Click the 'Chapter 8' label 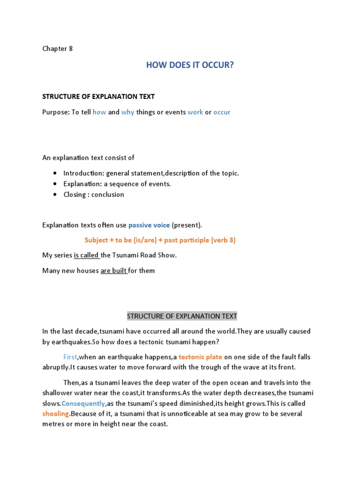(58, 49)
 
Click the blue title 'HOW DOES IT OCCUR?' (189, 65)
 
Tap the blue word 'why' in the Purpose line (127, 112)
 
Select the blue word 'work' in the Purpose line (195, 112)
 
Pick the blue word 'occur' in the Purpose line (222, 112)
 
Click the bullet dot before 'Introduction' (55, 173)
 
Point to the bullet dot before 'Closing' (55, 195)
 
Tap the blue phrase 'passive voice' (149, 225)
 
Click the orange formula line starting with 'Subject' (160, 240)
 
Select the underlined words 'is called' (86, 255)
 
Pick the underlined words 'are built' (113, 270)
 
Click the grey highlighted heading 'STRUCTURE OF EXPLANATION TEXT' (182, 316)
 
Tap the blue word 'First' (70, 357)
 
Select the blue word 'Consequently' (83, 404)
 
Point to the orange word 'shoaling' (56, 414)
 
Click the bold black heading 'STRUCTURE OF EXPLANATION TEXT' (98, 97)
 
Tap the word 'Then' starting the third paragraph (71, 383)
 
